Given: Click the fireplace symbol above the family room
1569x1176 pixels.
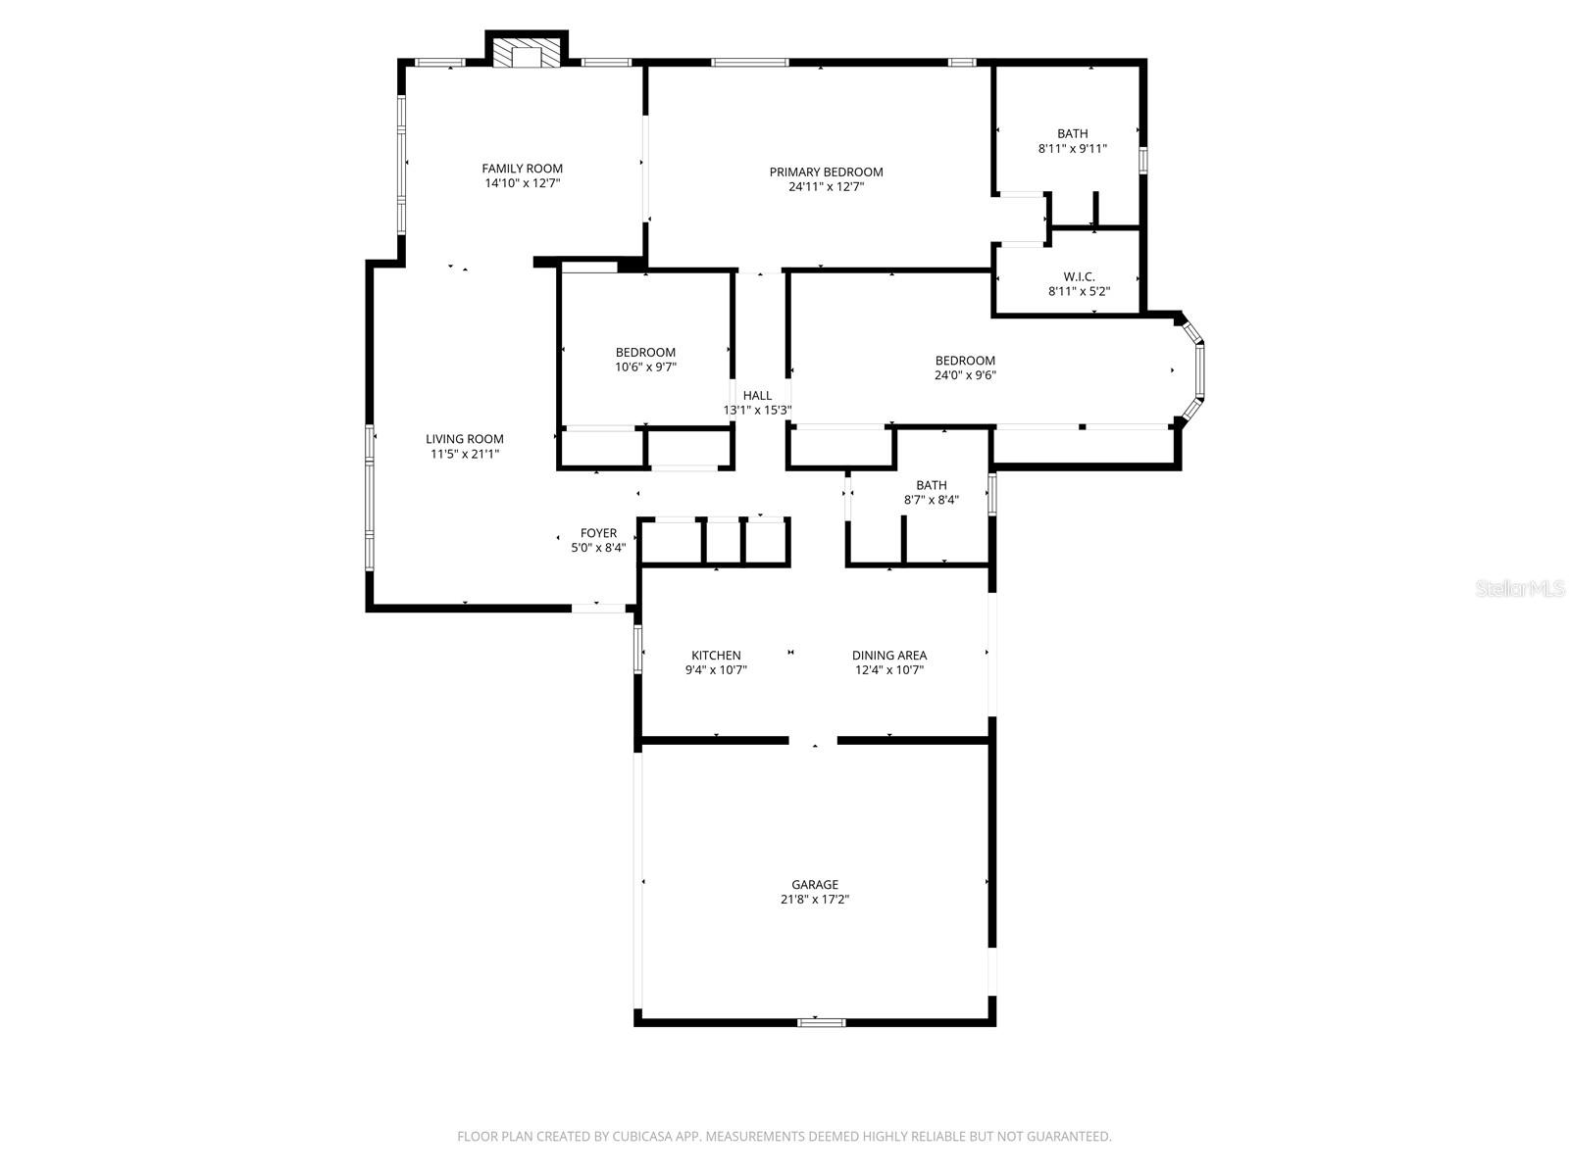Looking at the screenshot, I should click(528, 55).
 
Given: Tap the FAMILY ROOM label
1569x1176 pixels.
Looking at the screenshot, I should click(522, 169).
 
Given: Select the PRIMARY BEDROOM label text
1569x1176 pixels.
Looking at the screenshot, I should click(826, 172).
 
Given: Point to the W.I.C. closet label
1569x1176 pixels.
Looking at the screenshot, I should click(1079, 276).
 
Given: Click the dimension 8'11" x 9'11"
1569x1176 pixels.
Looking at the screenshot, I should click(1072, 149).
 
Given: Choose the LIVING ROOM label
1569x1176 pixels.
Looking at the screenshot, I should click(465, 439).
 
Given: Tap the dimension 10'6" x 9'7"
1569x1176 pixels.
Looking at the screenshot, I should click(645, 367).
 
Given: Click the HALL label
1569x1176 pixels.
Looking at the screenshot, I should click(757, 396).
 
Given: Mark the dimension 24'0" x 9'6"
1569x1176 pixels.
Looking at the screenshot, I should click(965, 374).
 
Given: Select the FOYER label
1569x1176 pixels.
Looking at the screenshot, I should click(598, 533).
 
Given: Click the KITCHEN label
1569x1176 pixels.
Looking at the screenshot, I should click(716, 656).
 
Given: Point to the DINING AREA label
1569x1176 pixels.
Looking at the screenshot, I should click(888, 656).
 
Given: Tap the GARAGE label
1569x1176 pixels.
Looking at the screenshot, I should click(815, 885).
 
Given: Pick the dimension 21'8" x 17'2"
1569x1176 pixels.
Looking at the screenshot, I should click(815, 900).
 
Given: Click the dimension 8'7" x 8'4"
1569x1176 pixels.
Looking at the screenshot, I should click(931, 500).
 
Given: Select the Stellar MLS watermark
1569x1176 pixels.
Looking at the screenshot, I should click(1521, 589).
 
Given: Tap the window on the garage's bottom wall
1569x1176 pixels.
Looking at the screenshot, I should click(821, 1022).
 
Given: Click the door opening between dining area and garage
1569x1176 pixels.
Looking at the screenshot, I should click(813, 741).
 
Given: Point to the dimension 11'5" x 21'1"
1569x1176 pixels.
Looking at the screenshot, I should click(465, 454).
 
